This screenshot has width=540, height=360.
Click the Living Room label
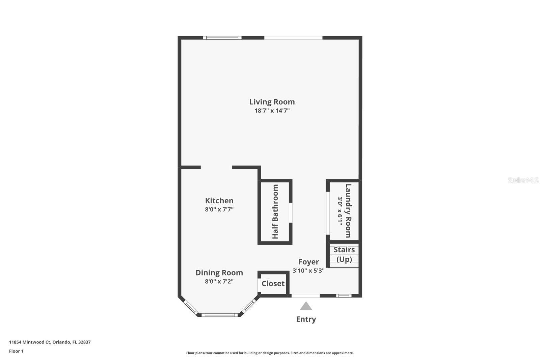tap(272, 102)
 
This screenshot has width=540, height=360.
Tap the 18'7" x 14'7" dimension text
tap(272, 110)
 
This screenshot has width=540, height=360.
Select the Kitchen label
tap(219, 201)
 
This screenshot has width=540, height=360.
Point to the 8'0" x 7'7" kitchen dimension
tap(219, 209)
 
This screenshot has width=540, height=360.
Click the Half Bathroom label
tap(275, 212)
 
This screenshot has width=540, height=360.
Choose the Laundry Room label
tap(348, 211)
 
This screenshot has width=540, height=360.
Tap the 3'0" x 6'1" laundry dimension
tap(340, 211)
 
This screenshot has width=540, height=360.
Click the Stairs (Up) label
tap(344, 254)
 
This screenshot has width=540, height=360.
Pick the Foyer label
tap(308, 262)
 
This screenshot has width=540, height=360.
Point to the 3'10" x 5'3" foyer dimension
tap(308, 271)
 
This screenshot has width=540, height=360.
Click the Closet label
tap(273, 284)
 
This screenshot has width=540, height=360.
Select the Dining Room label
tap(219, 273)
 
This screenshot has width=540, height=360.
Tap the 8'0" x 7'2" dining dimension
tap(219, 281)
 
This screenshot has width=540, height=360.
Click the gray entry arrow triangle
tap(306, 306)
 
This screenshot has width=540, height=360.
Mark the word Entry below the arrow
tap(306, 319)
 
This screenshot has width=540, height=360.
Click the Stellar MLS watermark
tap(523, 180)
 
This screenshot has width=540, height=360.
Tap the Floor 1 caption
tap(16, 351)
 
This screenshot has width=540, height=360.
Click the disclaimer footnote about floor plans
tap(270, 353)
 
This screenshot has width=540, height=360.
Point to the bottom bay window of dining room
tap(220, 315)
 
